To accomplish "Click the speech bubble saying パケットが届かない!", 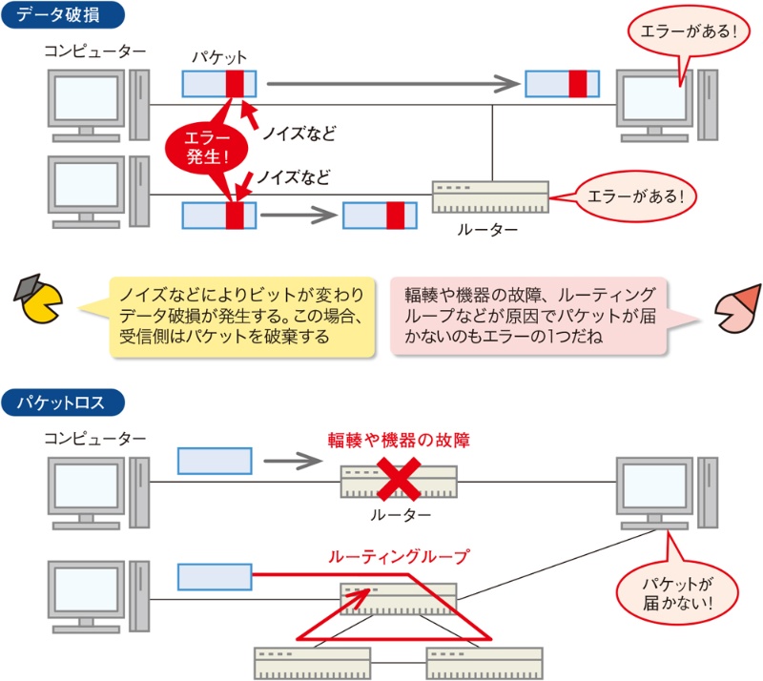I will pyautogui.click(x=678, y=591).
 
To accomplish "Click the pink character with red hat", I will pyautogui.click(x=735, y=308).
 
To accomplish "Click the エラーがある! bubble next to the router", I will pyautogui.click(x=636, y=196).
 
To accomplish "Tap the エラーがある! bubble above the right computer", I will pyautogui.click(x=684, y=31).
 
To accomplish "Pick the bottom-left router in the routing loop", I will pyautogui.click(x=312, y=660).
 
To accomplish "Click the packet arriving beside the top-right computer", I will pyautogui.click(x=563, y=84).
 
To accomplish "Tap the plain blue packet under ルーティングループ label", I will pyautogui.click(x=215, y=577).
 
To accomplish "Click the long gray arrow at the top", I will pyautogui.click(x=393, y=84).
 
